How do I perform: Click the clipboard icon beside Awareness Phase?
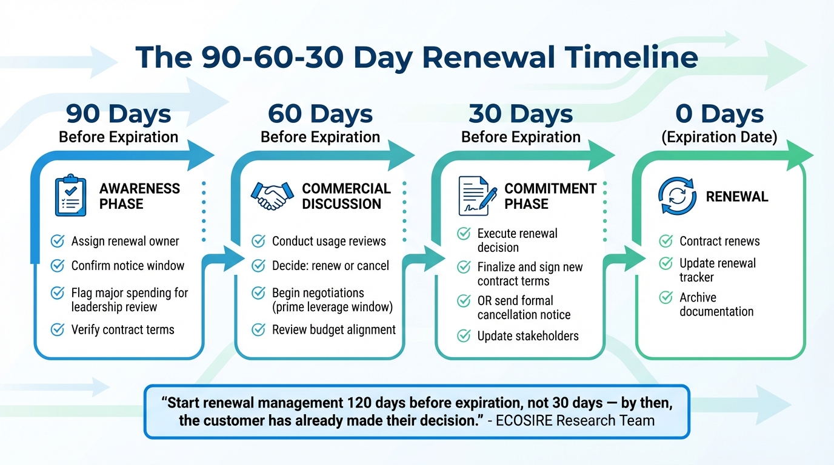coord(70,196)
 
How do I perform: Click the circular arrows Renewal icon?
coord(676,196)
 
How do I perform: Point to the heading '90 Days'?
coord(118,114)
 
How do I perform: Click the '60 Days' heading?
coord(320,114)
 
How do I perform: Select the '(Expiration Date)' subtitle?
coord(719,137)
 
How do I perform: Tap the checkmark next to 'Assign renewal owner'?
coord(58,242)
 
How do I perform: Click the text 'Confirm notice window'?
coord(127,266)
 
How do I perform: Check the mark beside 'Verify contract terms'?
coord(58,330)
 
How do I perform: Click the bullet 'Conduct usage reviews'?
coord(329,242)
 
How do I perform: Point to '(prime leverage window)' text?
coord(332,308)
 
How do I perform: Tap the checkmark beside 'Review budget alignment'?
coord(258,330)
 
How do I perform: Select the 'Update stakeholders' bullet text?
coord(527,336)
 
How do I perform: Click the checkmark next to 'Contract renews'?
coord(666,242)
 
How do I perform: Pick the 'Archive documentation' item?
coord(716,305)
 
